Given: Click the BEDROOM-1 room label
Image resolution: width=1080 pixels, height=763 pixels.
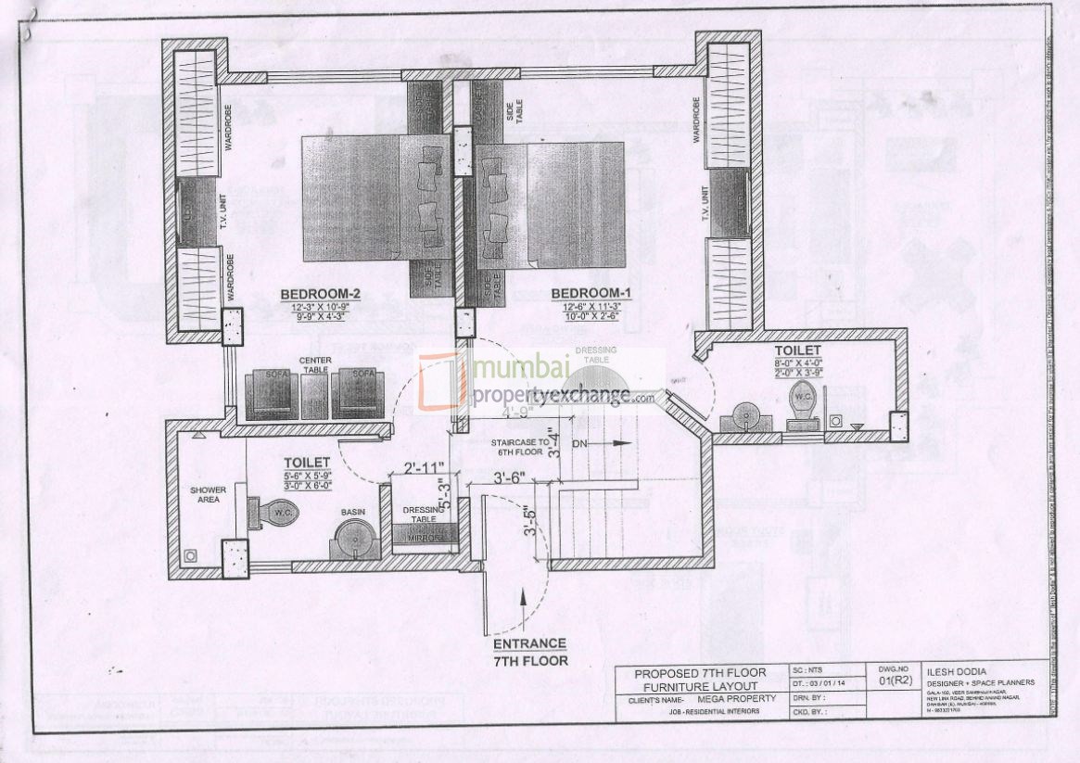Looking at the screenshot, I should pos(590,294).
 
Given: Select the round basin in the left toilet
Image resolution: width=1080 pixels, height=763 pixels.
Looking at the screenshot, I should pos(352,537).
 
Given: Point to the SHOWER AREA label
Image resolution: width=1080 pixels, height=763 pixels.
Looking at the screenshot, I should pos(209,495).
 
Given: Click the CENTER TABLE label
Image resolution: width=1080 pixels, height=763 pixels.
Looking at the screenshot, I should pos(315,364).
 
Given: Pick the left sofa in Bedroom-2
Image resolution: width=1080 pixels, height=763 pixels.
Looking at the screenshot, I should pos(271,394).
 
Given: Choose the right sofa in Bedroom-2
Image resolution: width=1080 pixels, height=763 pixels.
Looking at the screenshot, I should pos(358,394).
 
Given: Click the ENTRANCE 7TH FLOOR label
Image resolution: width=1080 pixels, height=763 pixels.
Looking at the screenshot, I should pos(529,652).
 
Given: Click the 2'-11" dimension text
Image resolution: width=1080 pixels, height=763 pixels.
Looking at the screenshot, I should pos(425,467).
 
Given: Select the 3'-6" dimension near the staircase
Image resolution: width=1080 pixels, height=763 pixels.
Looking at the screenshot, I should pos(509,478).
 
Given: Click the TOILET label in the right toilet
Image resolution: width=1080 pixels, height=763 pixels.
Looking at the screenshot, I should pos(798,350).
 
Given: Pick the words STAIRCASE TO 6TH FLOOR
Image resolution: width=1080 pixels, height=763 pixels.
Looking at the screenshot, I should pos(517,449).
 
